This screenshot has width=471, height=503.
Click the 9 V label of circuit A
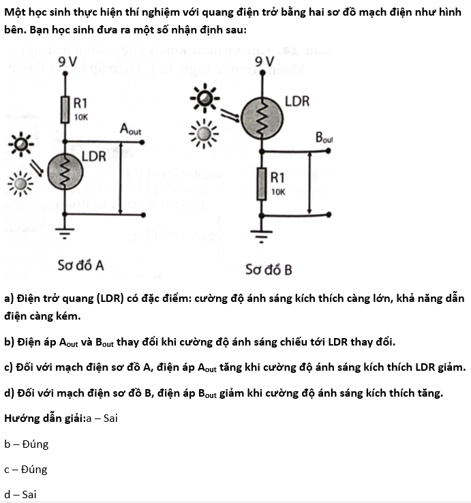pos(67,61)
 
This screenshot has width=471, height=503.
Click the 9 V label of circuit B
pos(264,61)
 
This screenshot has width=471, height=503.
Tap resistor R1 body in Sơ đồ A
pos(65,110)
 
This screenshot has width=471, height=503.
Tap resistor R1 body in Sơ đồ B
pos(262,184)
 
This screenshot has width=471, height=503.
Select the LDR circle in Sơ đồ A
pos(65,172)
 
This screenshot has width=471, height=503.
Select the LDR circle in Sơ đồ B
pos(262,119)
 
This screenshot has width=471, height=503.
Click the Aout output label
pos(130,129)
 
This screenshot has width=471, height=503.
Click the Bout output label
pos(324,137)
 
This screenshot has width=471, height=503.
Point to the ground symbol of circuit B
pos(262,237)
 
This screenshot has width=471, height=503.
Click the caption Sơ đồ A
pos(80,266)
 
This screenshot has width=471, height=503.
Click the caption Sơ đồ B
pos(269,269)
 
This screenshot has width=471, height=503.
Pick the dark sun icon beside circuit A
pos(21,144)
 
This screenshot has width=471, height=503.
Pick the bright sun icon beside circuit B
pos(204,134)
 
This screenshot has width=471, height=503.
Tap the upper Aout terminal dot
pos(142,142)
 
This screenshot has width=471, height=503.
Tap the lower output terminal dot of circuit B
pos(329,215)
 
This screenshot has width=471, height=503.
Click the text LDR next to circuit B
pos(297,102)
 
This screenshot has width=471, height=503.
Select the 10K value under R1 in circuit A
pos(81,117)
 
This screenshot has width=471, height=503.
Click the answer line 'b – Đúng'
pos(27,444)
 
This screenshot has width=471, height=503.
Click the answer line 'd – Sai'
pos(20,494)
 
